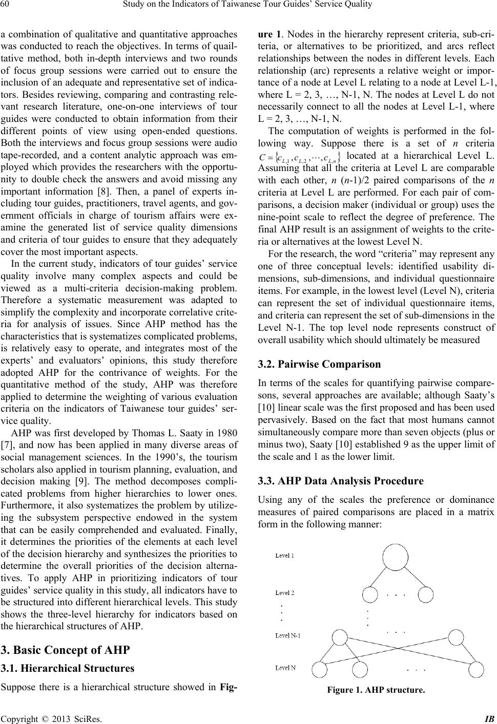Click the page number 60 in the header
tap(6, 6)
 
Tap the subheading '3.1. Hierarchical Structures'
tap(68, 668)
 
